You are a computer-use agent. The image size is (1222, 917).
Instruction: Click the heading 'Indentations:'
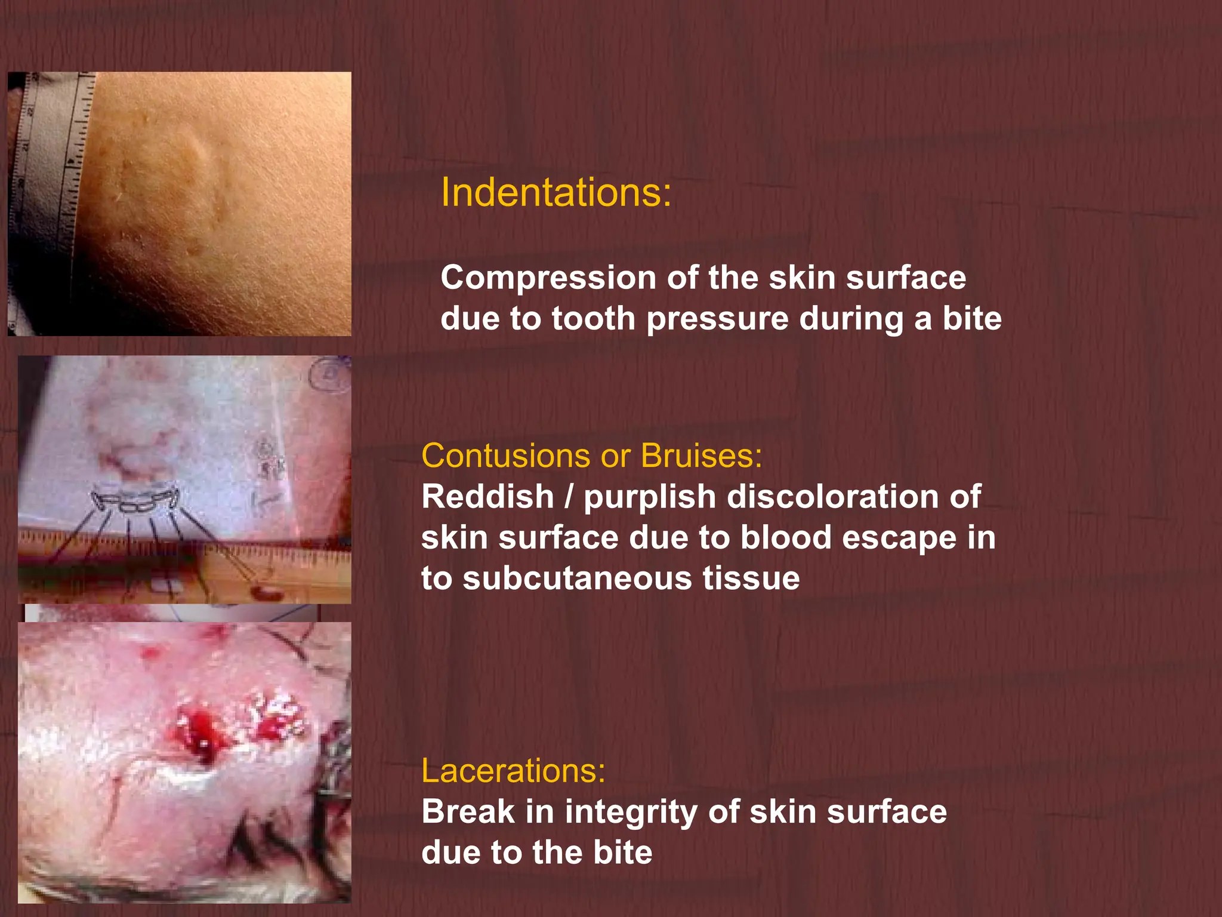click(x=556, y=193)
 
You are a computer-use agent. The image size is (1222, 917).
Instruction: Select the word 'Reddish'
click(x=487, y=497)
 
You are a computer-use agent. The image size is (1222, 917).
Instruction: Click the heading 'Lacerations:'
click(x=513, y=771)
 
